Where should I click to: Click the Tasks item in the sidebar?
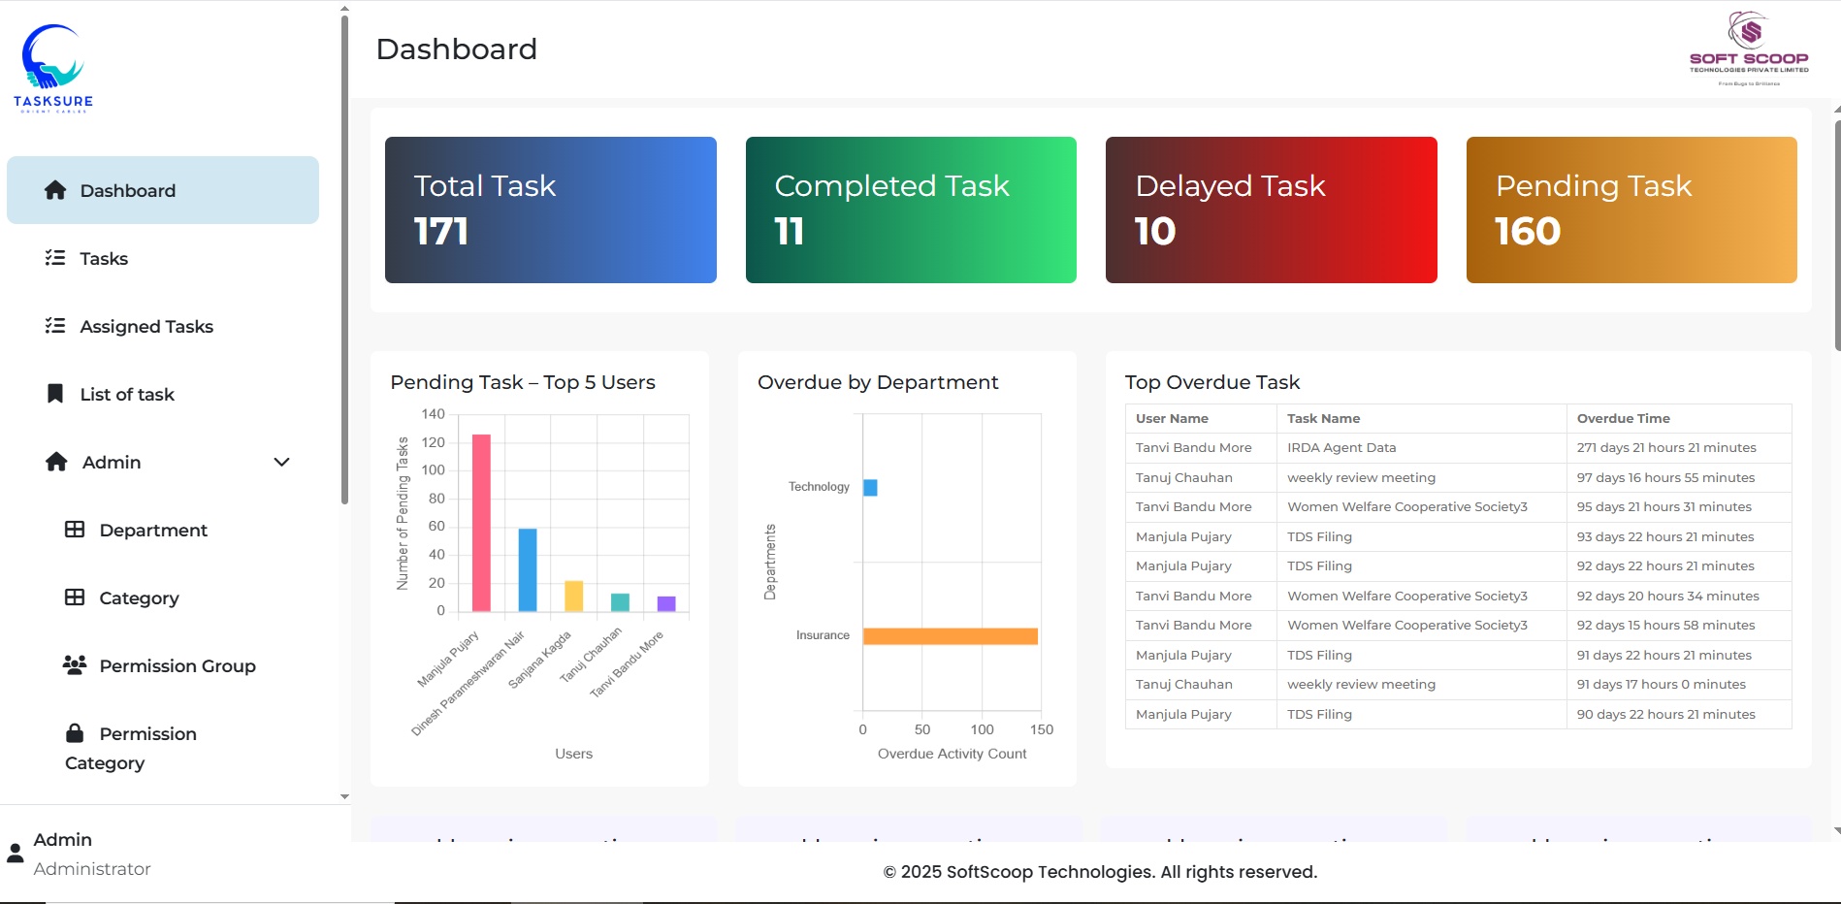[x=104, y=259]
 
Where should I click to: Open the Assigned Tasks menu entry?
[x=145, y=327]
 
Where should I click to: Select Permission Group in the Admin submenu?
[x=177, y=666]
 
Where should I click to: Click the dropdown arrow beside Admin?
[x=281, y=463]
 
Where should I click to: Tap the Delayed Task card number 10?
[x=1154, y=232]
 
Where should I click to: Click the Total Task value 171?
[x=441, y=232]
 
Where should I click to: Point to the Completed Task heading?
[x=891, y=186]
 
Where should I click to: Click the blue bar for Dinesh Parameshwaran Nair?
[x=528, y=569]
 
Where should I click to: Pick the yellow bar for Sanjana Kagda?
[x=574, y=596]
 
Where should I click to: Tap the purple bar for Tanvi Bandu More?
[x=666, y=603]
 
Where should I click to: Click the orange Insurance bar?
[x=950, y=636]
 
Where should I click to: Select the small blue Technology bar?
[x=870, y=487]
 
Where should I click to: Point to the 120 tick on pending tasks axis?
[x=433, y=442]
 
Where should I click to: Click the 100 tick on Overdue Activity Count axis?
[x=982, y=729]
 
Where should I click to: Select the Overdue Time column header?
[x=1623, y=419]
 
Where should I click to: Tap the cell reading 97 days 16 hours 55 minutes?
[x=1665, y=478]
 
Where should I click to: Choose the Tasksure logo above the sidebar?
[x=53, y=68]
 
